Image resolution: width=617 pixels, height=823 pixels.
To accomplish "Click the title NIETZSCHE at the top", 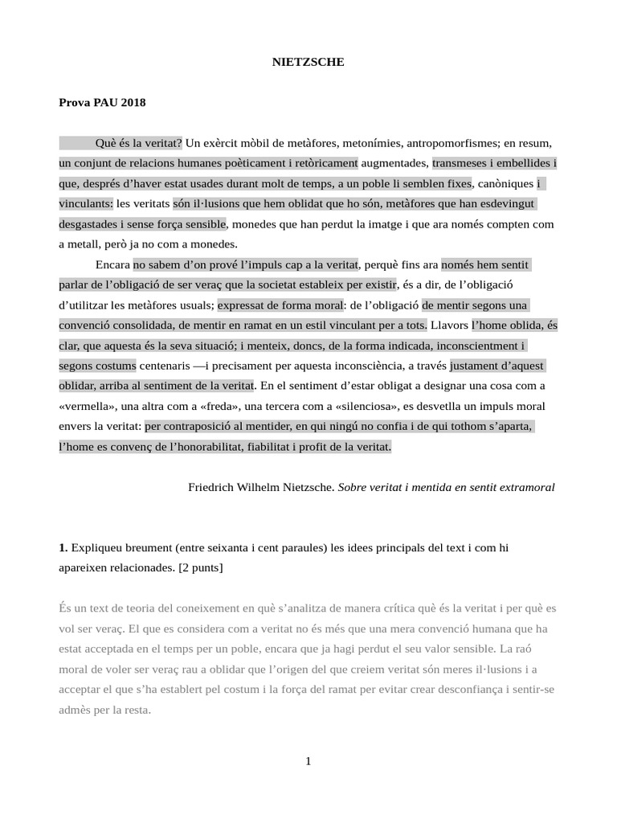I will pyautogui.click(x=308, y=61).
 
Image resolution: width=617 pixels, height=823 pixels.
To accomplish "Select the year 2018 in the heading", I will pyautogui.click(x=133, y=102).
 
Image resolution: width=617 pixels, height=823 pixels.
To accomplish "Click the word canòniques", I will pyautogui.click(x=504, y=183).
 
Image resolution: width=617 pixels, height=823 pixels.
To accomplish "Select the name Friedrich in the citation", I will pyautogui.click(x=213, y=487).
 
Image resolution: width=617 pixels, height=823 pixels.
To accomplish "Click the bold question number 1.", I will pyautogui.click(x=63, y=547).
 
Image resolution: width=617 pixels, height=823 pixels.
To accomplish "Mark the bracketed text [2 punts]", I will pyautogui.click(x=201, y=567).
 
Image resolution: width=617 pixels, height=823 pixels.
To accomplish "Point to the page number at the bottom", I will pyautogui.click(x=308, y=761).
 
